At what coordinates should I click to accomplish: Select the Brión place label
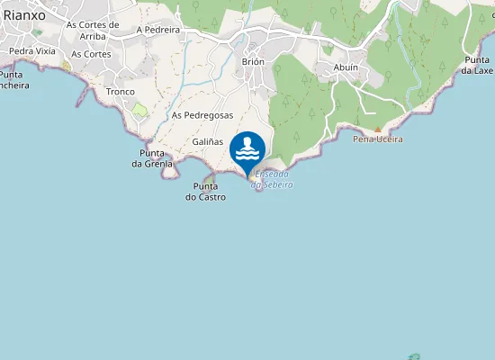coord(253,61)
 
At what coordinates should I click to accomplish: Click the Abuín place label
coord(346,67)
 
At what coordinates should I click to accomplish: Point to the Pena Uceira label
coord(378,139)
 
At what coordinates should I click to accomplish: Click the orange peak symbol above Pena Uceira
coord(378,130)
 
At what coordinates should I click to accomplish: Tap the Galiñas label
coord(207,142)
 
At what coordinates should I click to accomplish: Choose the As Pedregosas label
coord(202,115)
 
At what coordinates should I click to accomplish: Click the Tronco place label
coord(120,92)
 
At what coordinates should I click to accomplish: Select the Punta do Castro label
coord(206,192)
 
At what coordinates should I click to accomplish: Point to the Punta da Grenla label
coord(152,158)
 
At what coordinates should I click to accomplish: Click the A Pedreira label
coord(158,30)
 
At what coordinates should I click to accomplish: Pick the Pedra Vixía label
coord(32,51)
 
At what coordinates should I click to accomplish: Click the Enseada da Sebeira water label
coord(272,179)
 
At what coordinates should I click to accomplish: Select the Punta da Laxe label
coord(478,65)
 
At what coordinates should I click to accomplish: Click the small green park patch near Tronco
coord(139,109)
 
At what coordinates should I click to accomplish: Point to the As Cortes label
coord(90,54)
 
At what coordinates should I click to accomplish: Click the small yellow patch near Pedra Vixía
coord(67,66)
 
